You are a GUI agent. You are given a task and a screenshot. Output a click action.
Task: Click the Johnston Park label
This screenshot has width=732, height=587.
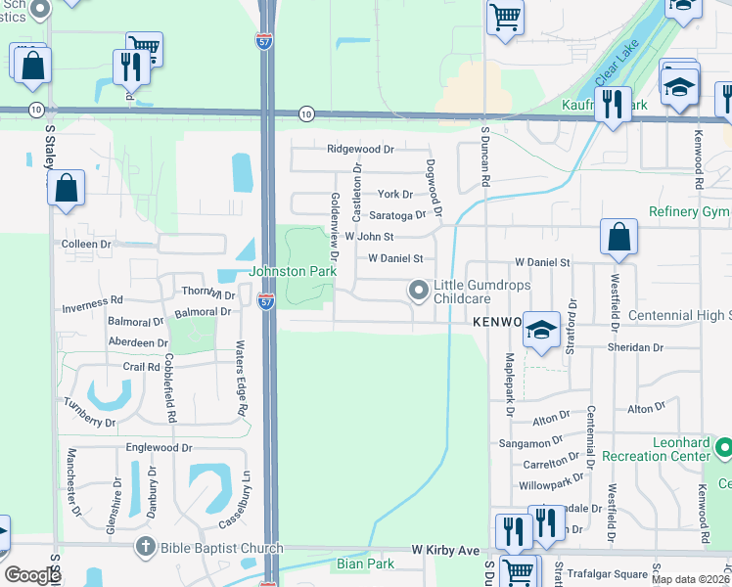point(293,271)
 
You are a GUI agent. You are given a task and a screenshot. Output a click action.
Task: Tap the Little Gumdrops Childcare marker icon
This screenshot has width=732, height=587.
point(419,290)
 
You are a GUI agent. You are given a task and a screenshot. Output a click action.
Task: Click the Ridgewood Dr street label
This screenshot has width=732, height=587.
point(360,150)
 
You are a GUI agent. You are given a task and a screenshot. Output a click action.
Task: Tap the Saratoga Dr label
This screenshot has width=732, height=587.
point(397,215)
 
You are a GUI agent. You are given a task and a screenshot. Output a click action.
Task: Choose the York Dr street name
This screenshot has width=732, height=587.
point(395,195)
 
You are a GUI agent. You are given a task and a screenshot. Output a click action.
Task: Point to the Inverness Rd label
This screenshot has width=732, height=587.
point(92,304)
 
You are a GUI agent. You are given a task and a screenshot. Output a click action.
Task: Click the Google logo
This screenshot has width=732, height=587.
point(32,575)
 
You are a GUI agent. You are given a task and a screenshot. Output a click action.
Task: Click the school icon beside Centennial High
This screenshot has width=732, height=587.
point(540,330)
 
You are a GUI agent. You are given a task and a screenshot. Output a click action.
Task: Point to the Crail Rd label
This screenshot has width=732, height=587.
point(141,367)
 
